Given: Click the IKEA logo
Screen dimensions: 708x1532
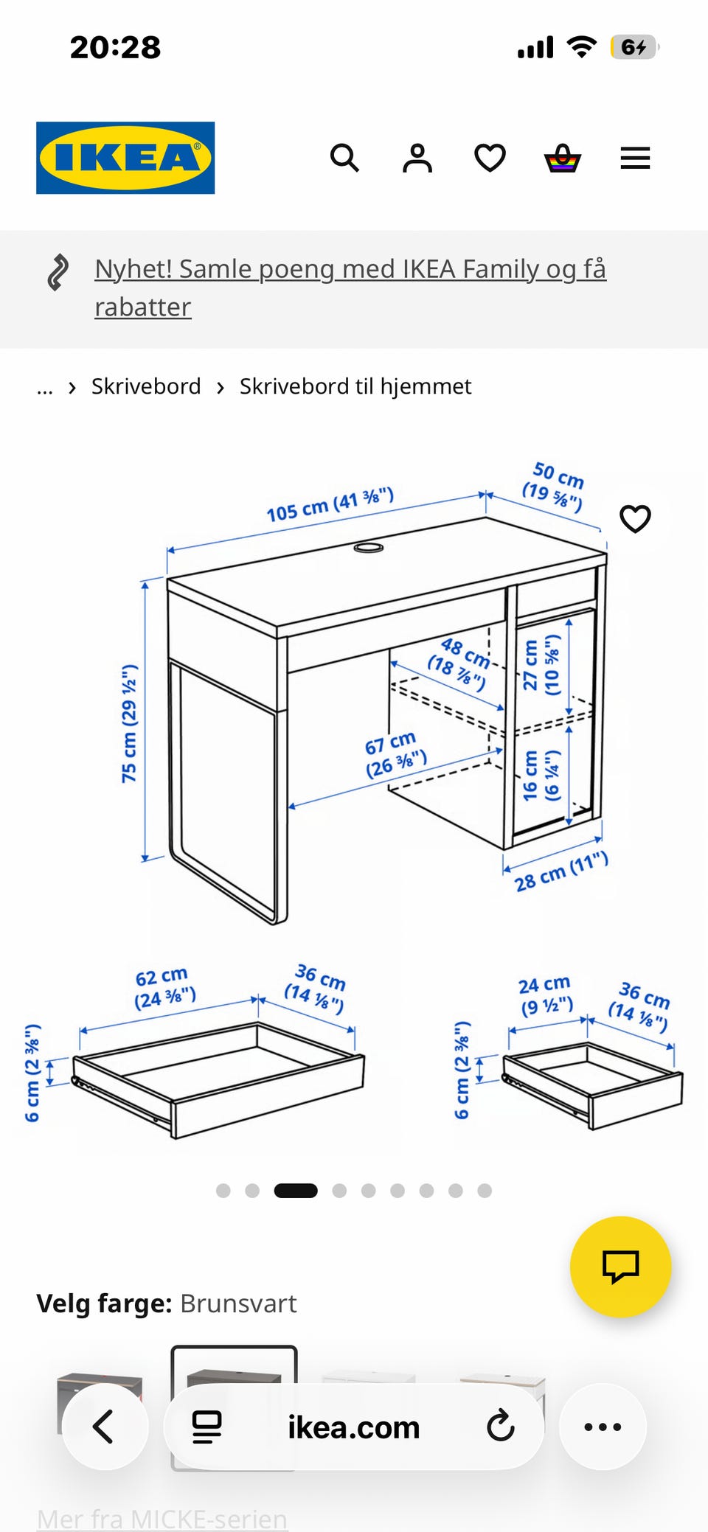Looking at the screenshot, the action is [x=125, y=158].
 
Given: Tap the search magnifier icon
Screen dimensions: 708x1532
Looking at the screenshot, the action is [x=344, y=158].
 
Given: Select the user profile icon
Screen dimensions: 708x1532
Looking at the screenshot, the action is [x=417, y=158].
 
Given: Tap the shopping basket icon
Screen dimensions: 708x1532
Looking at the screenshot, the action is [x=563, y=158].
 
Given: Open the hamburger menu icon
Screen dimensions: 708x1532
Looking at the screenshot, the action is [x=635, y=158].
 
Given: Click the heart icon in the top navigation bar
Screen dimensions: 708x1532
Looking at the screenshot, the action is [x=490, y=158].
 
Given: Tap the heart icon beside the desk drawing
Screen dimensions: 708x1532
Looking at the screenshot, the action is [x=635, y=519].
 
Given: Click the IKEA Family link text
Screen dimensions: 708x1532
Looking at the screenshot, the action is [x=350, y=288].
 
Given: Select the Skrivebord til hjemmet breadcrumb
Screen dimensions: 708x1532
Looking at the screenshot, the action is [x=355, y=386].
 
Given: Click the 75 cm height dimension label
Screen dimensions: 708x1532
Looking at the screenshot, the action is [x=130, y=723].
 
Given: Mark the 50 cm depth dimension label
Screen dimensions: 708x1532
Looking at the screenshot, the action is [x=555, y=486].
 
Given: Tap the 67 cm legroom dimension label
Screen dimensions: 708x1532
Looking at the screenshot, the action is [x=395, y=754].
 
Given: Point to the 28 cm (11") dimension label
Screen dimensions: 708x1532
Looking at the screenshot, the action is [x=561, y=871].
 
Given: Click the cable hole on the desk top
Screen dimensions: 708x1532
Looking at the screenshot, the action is [x=369, y=547].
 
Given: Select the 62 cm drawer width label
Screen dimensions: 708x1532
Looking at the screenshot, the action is [x=164, y=988].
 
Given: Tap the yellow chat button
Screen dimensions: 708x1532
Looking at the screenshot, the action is [x=620, y=1267].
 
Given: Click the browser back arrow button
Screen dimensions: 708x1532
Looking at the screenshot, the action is [x=105, y=1427].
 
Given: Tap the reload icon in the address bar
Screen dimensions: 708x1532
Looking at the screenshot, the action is [x=501, y=1426].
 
